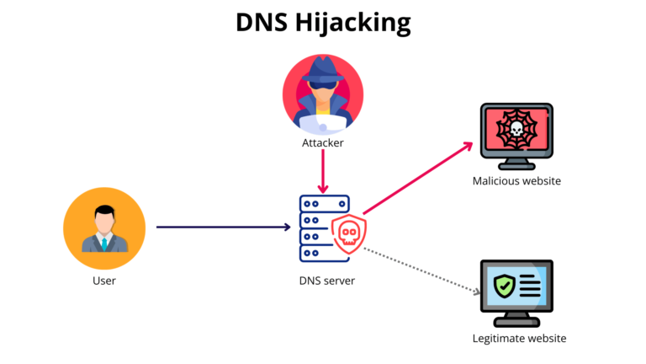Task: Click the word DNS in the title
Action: (x=262, y=22)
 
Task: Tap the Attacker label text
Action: (x=323, y=143)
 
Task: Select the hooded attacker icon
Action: (x=323, y=94)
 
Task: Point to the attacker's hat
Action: (x=323, y=67)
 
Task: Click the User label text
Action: (x=104, y=281)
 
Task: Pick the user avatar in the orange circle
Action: (x=104, y=227)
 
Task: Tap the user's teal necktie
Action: (x=104, y=244)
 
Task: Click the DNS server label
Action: (x=323, y=281)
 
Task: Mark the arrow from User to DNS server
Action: (x=223, y=227)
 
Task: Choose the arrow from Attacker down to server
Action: (x=323, y=172)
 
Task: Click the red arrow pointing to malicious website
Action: (x=417, y=177)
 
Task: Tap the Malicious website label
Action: (x=516, y=180)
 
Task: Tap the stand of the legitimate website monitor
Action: (x=516, y=319)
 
